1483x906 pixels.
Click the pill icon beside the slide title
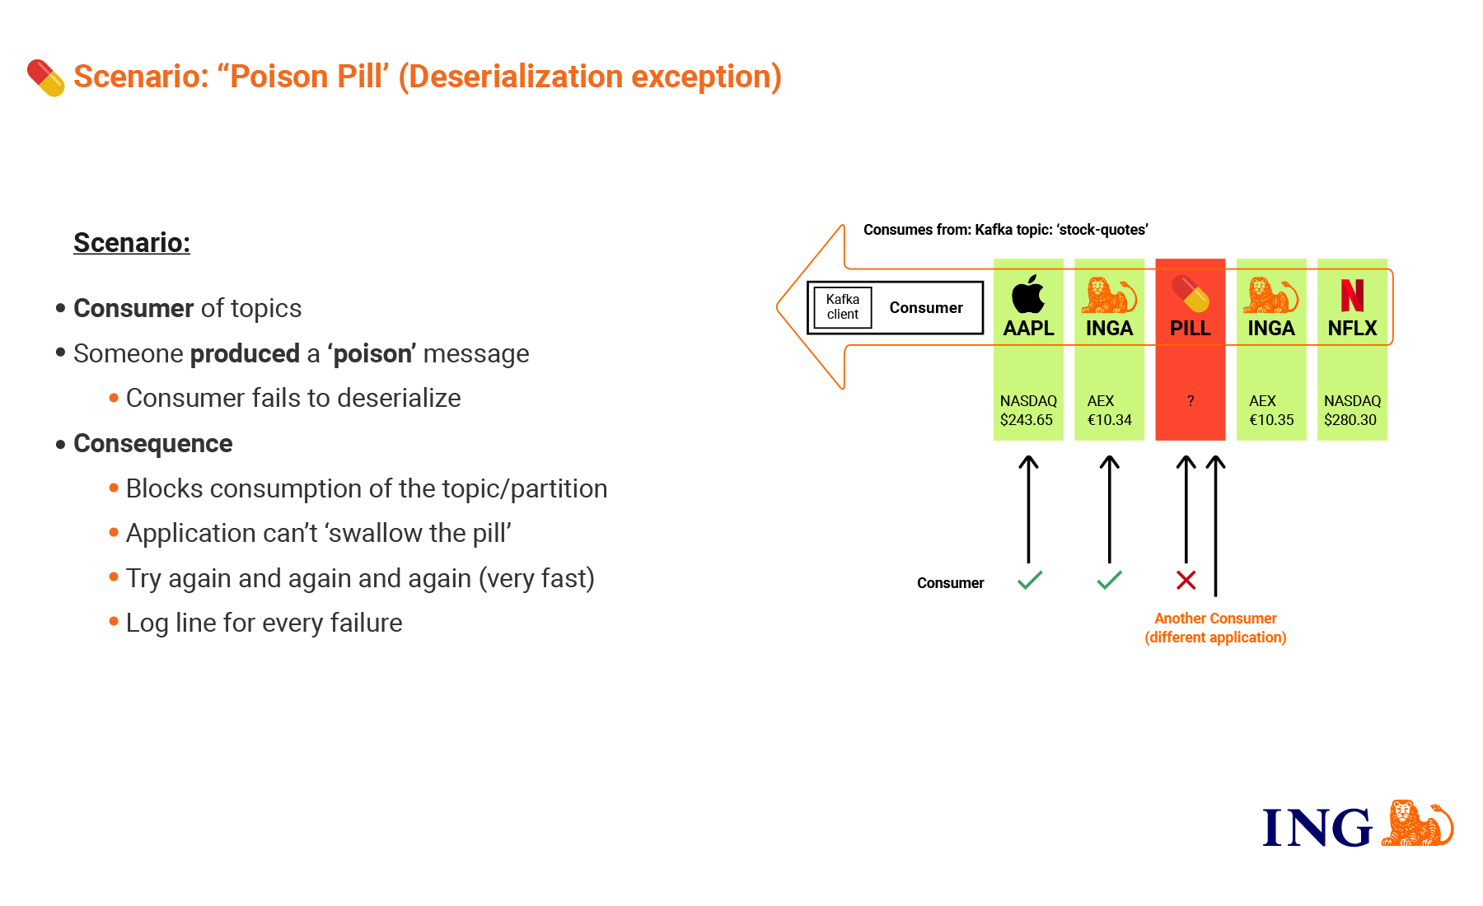point(46,77)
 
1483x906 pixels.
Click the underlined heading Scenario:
point(132,243)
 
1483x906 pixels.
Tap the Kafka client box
point(843,307)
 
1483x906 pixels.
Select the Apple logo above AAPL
point(1028,294)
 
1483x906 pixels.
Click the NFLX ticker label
point(1352,329)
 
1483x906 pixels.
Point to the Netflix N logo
point(1352,295)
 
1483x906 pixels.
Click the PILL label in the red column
point(1191,329)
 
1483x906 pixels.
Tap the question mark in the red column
point(1191,401)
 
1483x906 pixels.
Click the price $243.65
point(1027,420)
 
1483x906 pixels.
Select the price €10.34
point(1109,420)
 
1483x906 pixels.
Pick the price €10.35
point(1271,420)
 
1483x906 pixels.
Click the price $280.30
point(1350,420)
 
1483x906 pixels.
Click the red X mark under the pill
point(1186,581)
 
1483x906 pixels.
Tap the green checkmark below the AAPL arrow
point(1030,580)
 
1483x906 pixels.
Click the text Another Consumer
point(1215,619)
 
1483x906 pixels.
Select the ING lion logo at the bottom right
point(1417,823)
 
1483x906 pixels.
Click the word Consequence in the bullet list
point(153,444)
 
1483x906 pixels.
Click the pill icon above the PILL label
point(1191,294)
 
